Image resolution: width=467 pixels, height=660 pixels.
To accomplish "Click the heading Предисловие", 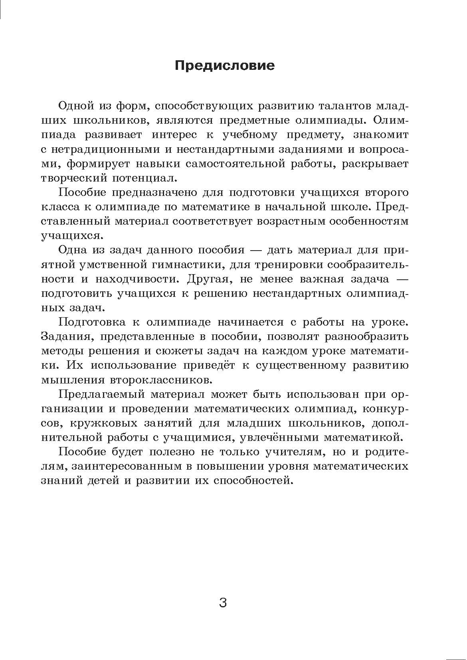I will click(225, 65).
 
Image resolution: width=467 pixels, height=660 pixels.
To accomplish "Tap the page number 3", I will click(223, 603).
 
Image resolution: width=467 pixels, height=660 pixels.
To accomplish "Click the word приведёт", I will click(210, 365).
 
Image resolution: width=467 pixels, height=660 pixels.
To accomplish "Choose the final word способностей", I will click(252, 480).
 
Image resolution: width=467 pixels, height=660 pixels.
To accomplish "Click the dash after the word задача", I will click(401, 279).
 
